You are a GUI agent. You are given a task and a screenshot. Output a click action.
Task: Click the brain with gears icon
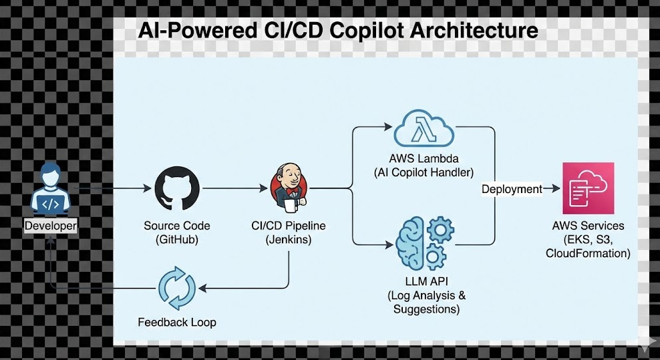(424, 242)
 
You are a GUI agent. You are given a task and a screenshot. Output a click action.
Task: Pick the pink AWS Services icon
(588, 188)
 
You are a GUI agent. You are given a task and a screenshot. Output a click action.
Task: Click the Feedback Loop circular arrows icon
(177, 288)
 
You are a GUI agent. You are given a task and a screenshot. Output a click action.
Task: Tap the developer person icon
(51, 190)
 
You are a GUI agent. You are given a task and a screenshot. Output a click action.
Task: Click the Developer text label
(51, 226)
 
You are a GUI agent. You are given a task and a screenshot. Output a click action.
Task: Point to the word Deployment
(512, 189)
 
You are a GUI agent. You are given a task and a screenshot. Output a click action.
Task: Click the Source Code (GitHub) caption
(177, 232)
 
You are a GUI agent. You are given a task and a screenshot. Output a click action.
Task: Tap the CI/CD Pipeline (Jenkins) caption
(288, 232)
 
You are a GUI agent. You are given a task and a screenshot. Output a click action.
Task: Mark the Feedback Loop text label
(177, 323)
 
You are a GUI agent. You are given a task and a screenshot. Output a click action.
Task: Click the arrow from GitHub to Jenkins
(234, 189)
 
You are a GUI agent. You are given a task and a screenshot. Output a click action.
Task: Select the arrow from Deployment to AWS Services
(552, 189)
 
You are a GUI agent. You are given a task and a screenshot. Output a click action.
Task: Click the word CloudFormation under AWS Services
(588, 253)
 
